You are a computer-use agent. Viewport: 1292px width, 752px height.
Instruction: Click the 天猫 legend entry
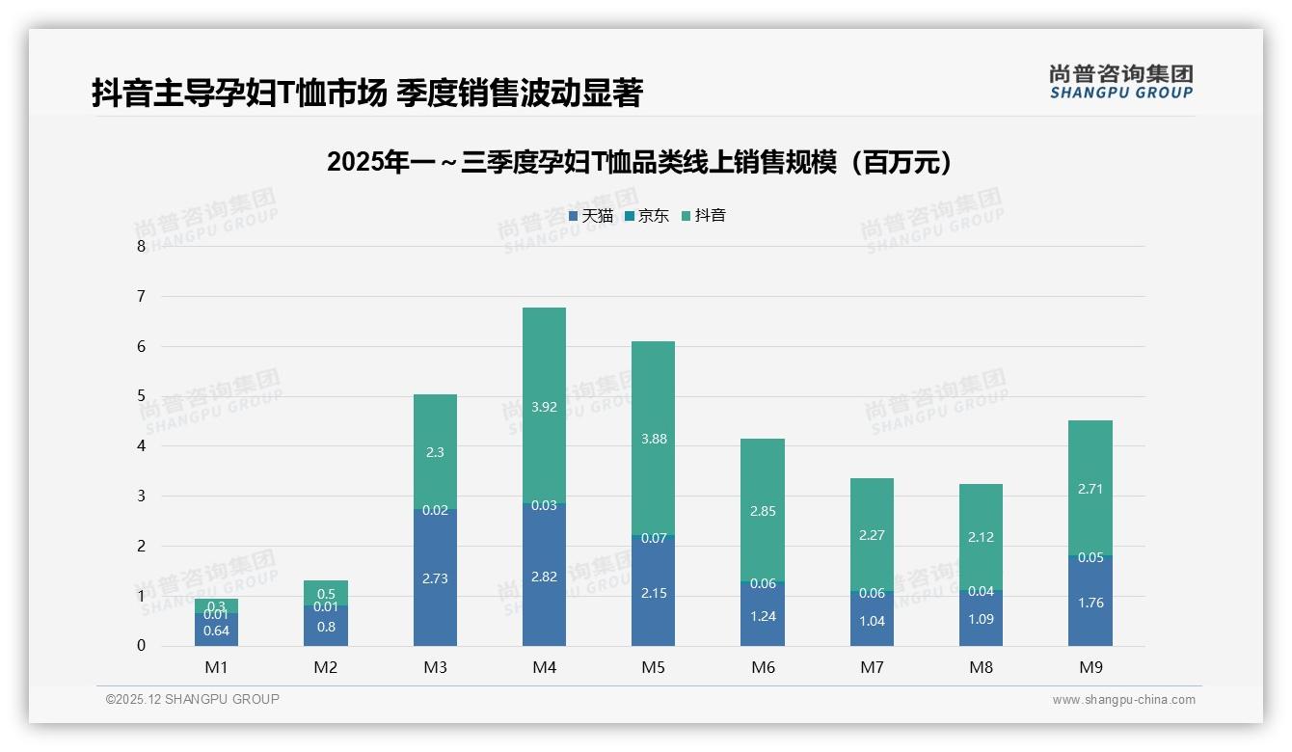click(x=590, y=216)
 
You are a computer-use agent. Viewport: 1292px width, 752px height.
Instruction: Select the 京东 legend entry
click(x=647, y=216)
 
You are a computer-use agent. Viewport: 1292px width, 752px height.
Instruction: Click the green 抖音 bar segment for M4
click(x=544, y=405)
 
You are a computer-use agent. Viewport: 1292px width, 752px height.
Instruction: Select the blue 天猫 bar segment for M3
click(x=435, y=578)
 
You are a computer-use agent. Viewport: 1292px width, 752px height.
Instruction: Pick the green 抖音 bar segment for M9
click(x=1090, y=487)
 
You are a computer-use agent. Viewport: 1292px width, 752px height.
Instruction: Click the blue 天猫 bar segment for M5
click(x=653, y=593)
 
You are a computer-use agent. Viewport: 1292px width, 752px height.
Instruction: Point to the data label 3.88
click(x=653, y=439)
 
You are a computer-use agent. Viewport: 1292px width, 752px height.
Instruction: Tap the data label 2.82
click(x=544, y=577)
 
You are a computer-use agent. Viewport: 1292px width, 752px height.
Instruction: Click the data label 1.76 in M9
click(x=1090, y=603)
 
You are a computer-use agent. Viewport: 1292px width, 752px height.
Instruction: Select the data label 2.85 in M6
click(x=762, y=511)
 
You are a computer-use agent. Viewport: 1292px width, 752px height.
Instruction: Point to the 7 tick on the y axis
click(x=142, y=296)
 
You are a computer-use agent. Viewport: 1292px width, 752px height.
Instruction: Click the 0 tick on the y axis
click(x=142, y=646)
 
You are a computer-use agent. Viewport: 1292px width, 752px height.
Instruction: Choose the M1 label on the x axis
click(x=217, y=667)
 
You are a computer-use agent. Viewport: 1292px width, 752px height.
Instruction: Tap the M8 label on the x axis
click(x=981, y=667)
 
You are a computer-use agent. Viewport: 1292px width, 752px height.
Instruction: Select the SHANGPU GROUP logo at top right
click(x=1120, y=82)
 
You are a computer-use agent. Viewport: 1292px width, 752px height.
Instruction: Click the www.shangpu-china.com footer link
click(x=1123, y=700)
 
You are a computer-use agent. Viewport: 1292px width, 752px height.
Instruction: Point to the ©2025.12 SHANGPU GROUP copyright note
click(x=193, y=699)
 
